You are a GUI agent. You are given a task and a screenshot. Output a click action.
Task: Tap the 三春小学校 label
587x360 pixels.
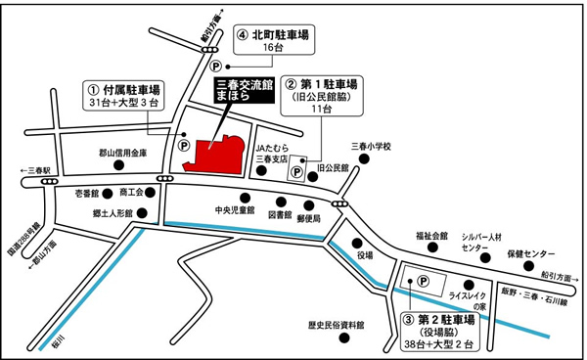[x=372, y=147]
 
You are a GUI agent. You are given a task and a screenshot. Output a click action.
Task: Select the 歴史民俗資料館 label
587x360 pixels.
[x=336, y=325]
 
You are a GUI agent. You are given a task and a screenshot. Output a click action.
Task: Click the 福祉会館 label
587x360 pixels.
[x=430, y=236]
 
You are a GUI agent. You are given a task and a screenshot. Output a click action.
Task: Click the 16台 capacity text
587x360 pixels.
[x=280, y=47]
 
